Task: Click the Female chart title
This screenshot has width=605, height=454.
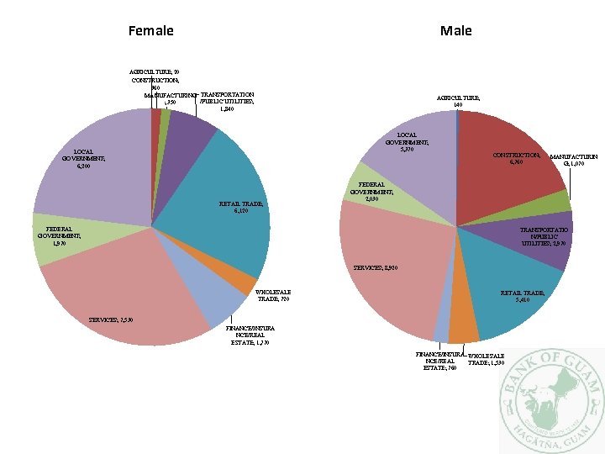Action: tap(151, 31)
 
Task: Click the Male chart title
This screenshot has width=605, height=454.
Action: tap(456, 31)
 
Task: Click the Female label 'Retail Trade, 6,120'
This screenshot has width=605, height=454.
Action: tap(241, 207)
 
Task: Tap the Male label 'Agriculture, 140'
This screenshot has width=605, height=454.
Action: tap(457, 102)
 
